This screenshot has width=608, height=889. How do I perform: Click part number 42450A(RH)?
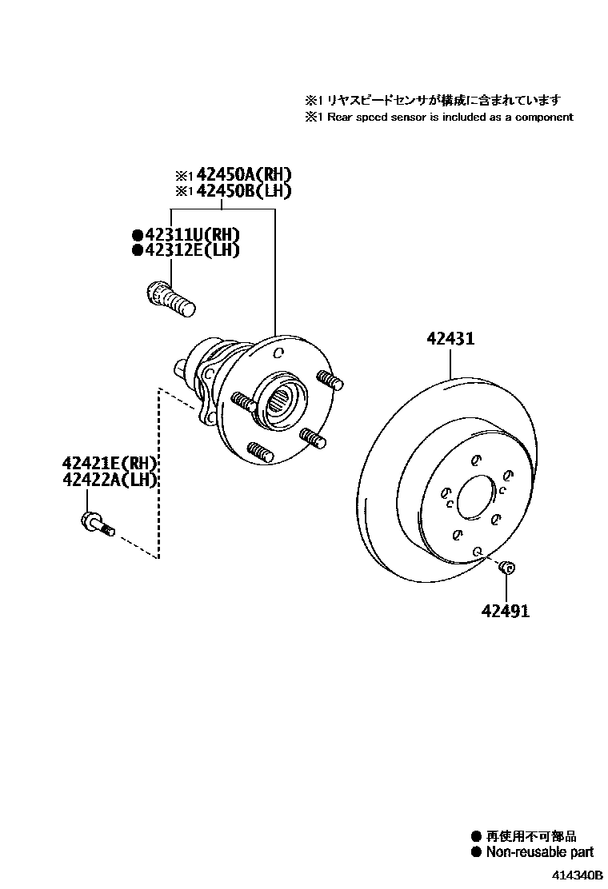[243, 175]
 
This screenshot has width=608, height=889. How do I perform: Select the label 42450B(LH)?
[243, 191]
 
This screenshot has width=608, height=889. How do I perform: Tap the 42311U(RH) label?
[192, 234]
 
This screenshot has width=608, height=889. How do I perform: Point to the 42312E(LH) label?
[192, 250]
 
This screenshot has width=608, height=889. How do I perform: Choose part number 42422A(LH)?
[110, 480]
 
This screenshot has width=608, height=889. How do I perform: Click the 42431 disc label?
[450, 339]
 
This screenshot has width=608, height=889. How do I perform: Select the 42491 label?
[505, 612]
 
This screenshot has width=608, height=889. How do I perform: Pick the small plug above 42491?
[506, 568]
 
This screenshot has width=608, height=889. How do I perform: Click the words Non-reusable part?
[540, 852]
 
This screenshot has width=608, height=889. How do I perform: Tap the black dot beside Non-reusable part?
[478, 852]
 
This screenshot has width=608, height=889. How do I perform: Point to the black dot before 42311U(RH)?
[138, 235]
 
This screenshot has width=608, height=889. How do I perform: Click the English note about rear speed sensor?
[438, 117]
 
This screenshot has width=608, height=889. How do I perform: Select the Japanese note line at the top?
[432, 100]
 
